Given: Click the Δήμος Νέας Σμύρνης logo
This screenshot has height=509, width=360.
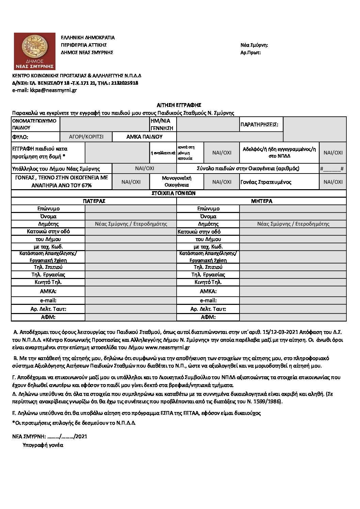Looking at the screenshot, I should [34, 51].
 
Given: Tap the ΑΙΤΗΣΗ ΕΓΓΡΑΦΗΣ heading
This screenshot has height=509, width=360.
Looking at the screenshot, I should [179, 105].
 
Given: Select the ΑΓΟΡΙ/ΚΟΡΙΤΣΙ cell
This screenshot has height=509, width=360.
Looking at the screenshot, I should [86, 137].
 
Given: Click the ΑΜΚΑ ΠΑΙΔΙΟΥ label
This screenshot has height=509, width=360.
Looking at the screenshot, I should [144, 137].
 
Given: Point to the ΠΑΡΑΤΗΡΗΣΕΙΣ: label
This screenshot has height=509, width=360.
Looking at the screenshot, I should [259, 125].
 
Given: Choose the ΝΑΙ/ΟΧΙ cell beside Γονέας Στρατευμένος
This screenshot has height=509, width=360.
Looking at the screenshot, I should [333, 182].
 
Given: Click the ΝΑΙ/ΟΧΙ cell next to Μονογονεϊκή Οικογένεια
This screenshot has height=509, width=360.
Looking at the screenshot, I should [222, 182].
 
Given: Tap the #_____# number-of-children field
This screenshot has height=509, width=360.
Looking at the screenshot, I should [332, 169].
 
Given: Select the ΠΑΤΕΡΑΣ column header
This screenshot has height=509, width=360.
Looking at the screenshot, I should [94, 201].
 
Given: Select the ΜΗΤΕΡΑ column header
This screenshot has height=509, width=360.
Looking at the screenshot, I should [261, 201].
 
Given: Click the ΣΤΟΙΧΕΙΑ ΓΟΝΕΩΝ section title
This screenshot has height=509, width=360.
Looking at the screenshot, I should [179, 193].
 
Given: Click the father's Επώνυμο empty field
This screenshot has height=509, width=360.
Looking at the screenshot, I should [131, 209].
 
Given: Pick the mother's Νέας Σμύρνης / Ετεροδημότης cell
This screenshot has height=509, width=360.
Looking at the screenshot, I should [293, 224].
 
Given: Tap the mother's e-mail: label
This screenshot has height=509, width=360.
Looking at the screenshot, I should [208, 300].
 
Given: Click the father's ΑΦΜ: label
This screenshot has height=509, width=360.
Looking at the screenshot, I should [48, 317].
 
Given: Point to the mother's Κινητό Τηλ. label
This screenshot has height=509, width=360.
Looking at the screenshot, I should [208, 282].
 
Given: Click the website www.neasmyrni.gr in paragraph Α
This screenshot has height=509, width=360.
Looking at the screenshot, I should [167, 347].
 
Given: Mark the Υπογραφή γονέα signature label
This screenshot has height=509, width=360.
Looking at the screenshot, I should [43, 445].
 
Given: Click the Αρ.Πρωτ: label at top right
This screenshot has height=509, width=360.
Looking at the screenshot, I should [250, 53].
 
